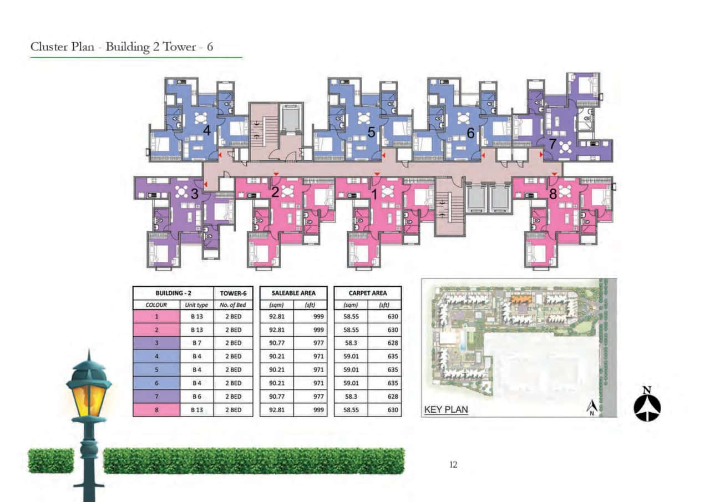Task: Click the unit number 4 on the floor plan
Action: tap(206, 131)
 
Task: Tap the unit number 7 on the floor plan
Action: tap(552, 143)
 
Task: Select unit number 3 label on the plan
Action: tap(194, 194)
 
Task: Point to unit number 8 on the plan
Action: tap(552, 194)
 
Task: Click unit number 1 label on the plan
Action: tap(374, 194)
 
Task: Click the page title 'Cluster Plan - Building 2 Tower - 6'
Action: tap(122, 47)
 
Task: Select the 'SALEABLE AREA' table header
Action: tap(293, 293)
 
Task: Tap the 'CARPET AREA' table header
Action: tap(367, 293)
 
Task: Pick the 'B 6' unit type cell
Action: tap(196, 397)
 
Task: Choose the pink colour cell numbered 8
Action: tap(156, 410)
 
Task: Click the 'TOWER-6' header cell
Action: tap(233, 293)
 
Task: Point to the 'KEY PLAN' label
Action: tap(446, 410)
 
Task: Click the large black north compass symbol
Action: tap(647, 405)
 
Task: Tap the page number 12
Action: tap(453, 465)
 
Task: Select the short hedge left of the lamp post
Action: tap(50, 461)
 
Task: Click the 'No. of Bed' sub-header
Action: tap(233, 305)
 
